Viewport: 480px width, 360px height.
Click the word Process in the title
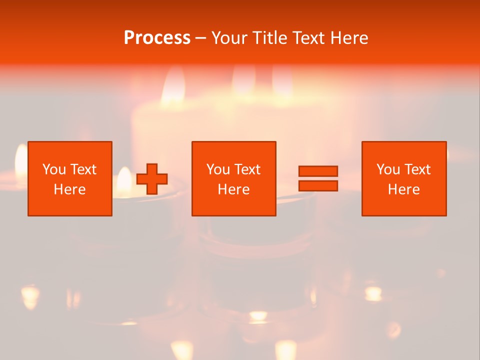[x=157, y=37]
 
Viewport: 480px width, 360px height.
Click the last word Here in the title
[x=349, y=38]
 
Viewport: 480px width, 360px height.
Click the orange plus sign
[x=152, y=178]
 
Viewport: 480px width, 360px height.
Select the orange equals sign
[x=318, y=178]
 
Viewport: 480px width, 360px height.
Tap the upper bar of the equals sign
[x=318, y=171]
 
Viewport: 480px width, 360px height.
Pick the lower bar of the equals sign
[x=318, y=186]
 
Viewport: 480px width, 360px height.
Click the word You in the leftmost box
[x=54, y=169]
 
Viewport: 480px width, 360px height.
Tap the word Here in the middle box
[x=233, y=189]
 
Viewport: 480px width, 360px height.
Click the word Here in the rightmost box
[x=403, y=189]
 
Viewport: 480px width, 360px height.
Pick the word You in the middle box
[x=218, y=169]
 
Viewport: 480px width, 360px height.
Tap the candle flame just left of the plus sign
[x=123, y=181]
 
